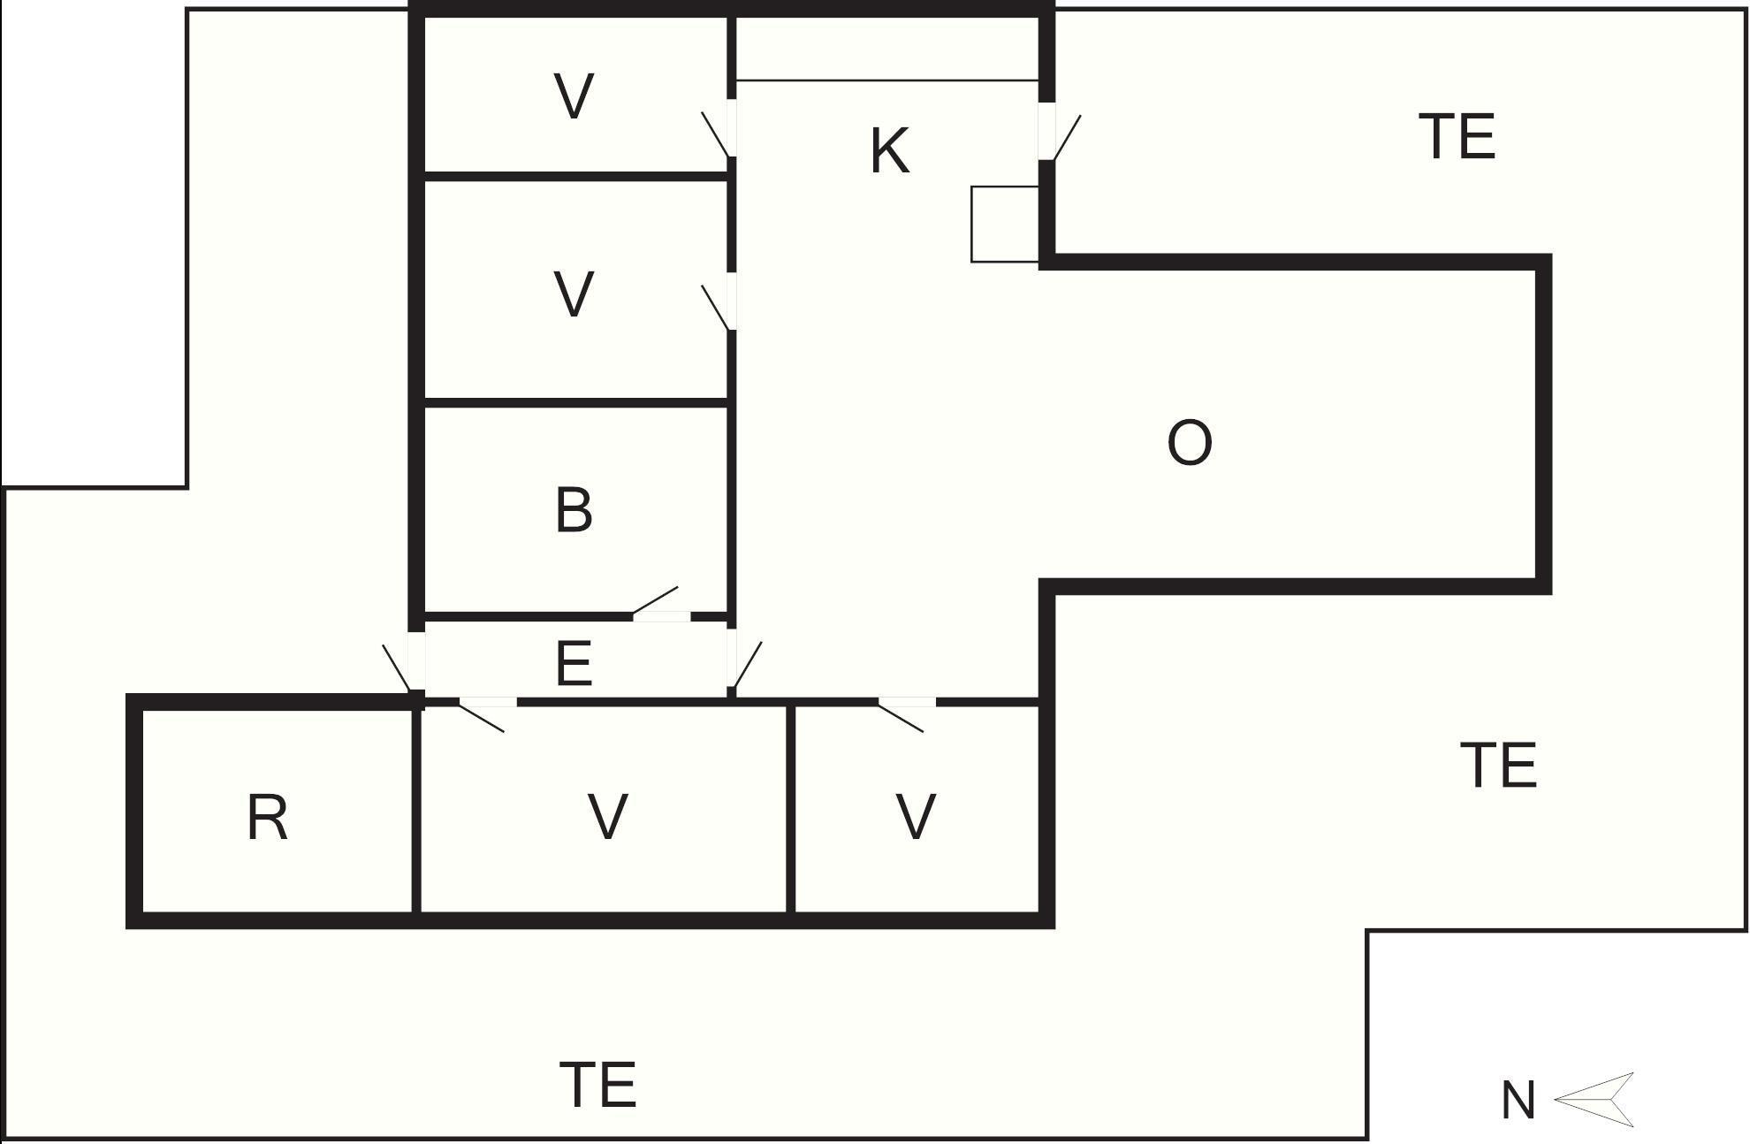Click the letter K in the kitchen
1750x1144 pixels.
pos(889,151)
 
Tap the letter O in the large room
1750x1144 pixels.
pos(1190,443)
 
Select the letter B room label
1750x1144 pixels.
pos(574,510)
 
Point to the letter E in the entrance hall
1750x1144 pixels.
pos(574,664)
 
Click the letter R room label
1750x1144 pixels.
pos(267,818)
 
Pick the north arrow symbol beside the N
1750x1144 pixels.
pos(1594,1100)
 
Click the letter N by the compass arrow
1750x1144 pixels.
pos(1518,1102)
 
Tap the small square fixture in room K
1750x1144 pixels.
pos(1004,224)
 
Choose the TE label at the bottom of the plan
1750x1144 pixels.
pos(598,1085)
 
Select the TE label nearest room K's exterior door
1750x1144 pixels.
pos(1457,137)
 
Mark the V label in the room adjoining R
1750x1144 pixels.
pos(607,817)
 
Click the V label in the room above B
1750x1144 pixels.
pos(574,294)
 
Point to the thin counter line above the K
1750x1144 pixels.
pos(886,80)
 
